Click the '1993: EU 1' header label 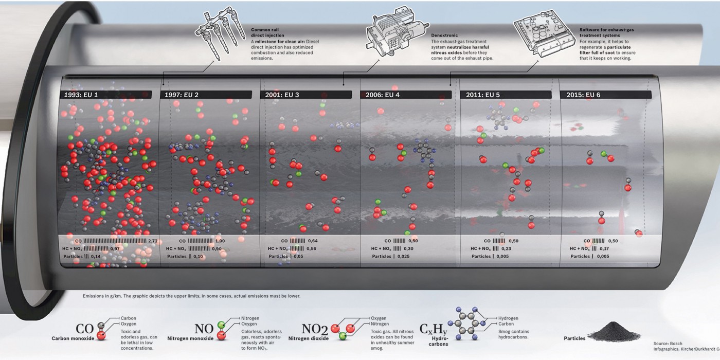(81, 95)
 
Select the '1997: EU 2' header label (181, 95)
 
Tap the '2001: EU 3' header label (282, 95)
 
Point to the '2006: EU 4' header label (382, 95)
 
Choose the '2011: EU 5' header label (482, 95)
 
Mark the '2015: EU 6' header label (583, 95)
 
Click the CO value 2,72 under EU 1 (153, 241)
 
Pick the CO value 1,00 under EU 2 (220, 241)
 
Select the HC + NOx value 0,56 (311, 248)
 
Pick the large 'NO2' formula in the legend (314, 330)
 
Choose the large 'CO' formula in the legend (85, 329)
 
